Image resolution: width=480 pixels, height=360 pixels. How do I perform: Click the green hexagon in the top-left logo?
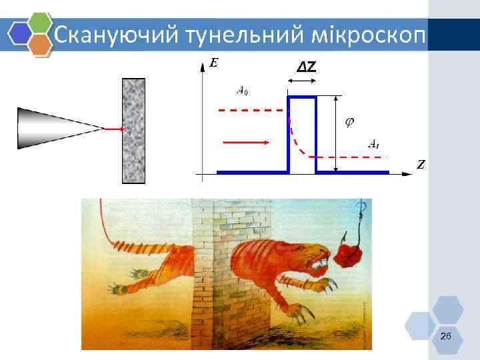tap(41, 22)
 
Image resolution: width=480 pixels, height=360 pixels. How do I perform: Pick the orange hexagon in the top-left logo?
tap(41, 45)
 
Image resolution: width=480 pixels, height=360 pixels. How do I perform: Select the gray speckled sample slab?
tap(133, 131)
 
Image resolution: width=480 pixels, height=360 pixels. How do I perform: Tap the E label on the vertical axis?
tap(213, 63)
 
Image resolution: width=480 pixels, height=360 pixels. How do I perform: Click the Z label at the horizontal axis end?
tap(421, 164)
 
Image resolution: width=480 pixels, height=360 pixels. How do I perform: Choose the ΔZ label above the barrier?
tap(306, 67)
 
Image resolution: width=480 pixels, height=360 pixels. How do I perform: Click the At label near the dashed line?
tap(374, 143)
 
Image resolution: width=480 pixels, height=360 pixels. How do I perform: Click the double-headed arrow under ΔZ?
tap(302, 81)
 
